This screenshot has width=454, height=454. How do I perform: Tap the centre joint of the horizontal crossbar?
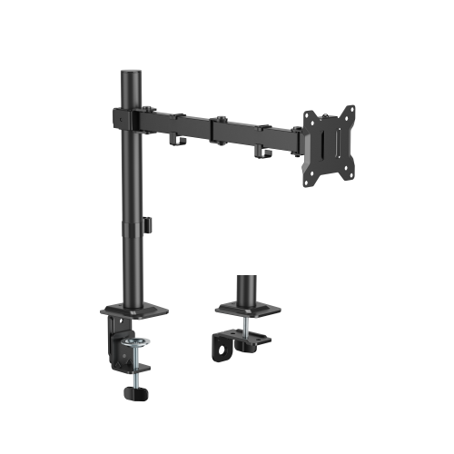pyautogui.click(x=211, y=126)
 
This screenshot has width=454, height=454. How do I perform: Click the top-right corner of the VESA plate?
pyautogui.click(x=350, y=110)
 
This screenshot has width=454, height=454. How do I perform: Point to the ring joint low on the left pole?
pyautogui.click(x=134, y=223)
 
